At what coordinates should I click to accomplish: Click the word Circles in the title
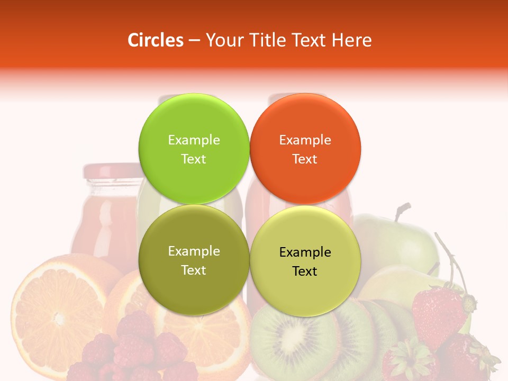[x=155, y=40]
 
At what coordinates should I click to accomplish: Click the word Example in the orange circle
[x=305, y=140]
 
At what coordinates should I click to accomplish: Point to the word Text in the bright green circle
[x=194, y=159]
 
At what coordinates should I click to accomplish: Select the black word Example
[x=305, y=252]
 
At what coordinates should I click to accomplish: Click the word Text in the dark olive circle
[x=194, y=270]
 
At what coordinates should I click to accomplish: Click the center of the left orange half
[x=57, y=317]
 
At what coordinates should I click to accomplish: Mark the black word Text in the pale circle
[x=305, y=271]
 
